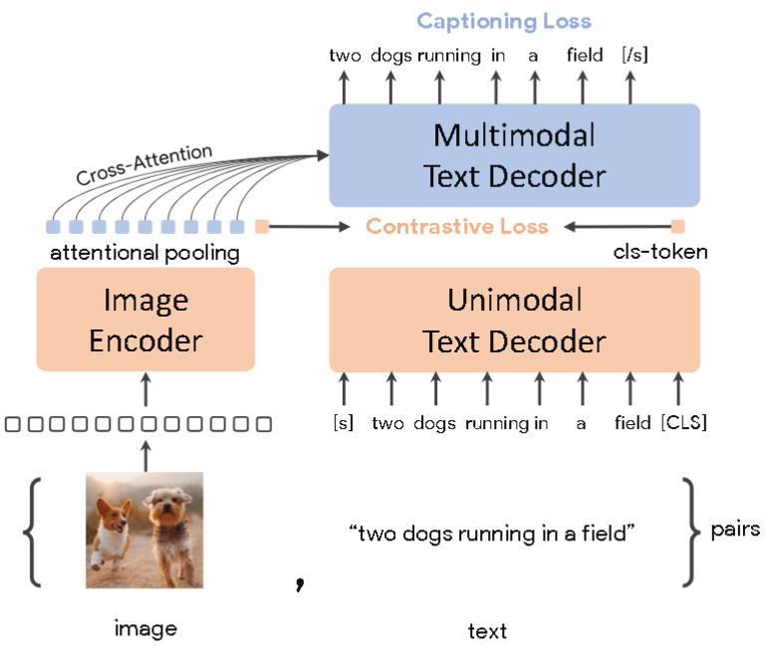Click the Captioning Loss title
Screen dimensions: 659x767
click(503, 21)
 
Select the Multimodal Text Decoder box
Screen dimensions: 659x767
click(514, 155)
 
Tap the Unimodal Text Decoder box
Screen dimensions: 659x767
click(514, 321)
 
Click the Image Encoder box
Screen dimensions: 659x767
click(145, 321)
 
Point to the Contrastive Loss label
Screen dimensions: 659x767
click(457, 227)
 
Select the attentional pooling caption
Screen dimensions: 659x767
click(145, 253)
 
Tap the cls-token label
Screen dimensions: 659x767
click(660, 253)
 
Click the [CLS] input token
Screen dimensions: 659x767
click(682, 423)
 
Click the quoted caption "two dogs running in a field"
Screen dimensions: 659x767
click(492, 534)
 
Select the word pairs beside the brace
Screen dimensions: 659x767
click(735, 529)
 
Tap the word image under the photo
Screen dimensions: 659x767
click(145, 628)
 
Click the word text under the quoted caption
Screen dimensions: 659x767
click(487, 630)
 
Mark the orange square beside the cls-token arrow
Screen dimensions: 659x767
click(678, 226)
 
